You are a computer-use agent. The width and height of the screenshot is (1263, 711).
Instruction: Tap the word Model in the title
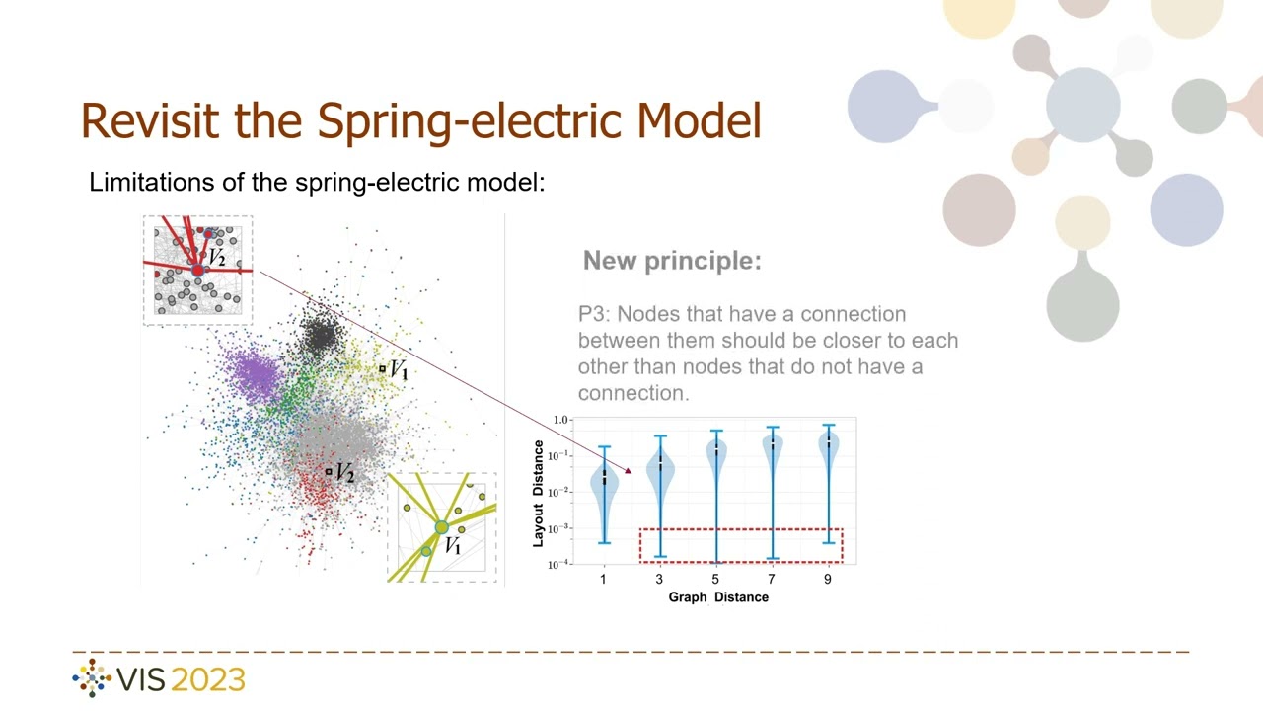coord(699,120)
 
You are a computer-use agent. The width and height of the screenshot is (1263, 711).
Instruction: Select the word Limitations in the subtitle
coord(144,182)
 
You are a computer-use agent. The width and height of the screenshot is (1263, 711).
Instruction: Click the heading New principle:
coord(672,261)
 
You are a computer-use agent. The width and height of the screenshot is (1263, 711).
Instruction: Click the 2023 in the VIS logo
coord(207,679)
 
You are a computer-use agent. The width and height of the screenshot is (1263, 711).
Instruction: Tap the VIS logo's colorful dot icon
coord(93,678)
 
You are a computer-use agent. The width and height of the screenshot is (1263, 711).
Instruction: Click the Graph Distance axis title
coord(718,597)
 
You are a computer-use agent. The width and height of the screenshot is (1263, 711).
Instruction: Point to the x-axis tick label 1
coord(603,579)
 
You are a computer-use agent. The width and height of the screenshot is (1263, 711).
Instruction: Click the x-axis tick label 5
coord(715,579)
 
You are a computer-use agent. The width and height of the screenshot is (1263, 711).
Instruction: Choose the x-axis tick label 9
coord(828,579)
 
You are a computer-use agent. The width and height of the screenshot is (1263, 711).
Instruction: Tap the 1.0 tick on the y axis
coord(560,420)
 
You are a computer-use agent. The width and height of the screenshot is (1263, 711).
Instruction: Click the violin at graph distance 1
coord(604,484)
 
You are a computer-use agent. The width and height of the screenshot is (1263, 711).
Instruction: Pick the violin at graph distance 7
coord(772,449)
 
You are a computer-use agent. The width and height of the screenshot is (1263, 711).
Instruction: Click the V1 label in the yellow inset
coord(453,546)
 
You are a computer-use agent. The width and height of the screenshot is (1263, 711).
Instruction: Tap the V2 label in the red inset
coord(216,259)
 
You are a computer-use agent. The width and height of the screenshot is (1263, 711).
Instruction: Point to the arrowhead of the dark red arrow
coord(628,470)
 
